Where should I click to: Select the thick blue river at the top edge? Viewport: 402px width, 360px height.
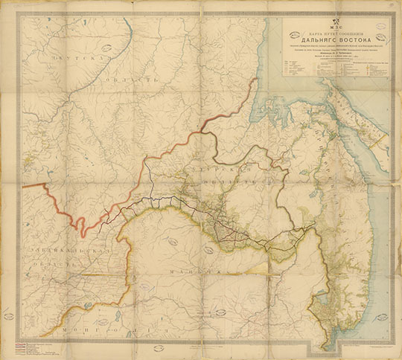click(x=128, y=30)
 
